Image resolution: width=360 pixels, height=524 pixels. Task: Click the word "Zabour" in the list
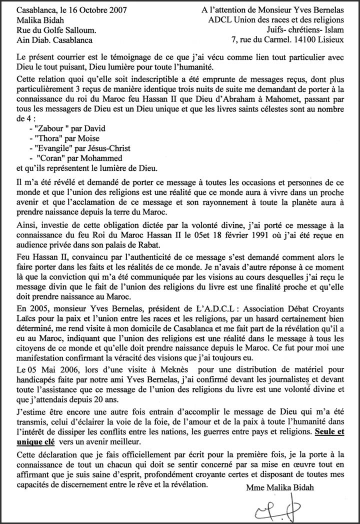[52, 128]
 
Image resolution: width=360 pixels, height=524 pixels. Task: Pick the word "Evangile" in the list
[54, 148]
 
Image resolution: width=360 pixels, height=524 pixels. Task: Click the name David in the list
[94, 128]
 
